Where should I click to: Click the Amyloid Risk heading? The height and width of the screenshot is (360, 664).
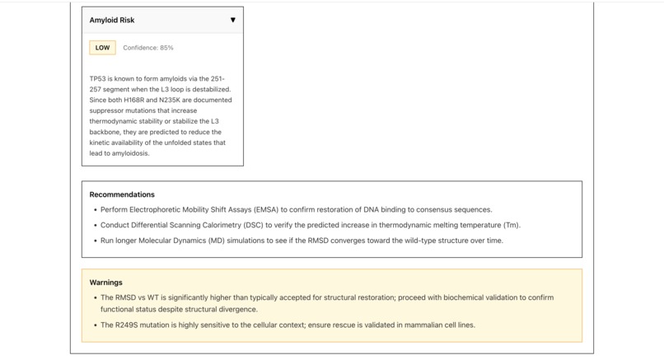(x=111, y=20)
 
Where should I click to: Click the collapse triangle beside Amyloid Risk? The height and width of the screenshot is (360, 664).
(x=232, y=20)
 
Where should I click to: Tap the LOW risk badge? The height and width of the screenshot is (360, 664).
(x=102, y=48)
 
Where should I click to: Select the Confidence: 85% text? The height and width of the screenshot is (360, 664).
(x=148, y=48)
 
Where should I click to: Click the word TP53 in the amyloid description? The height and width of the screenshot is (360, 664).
(x=98, y=78)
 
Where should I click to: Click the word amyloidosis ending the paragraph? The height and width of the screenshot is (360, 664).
(x=127, y=153)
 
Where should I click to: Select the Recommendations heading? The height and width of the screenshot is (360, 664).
(x=122, y=194)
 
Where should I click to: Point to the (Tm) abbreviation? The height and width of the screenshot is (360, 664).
(x=511, y=225)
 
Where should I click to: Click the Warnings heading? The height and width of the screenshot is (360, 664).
(x=105, y=282)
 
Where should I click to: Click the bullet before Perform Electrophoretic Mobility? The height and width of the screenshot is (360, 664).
(x=96, y=210)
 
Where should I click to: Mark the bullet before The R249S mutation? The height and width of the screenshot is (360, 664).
(x=96, y=325)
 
